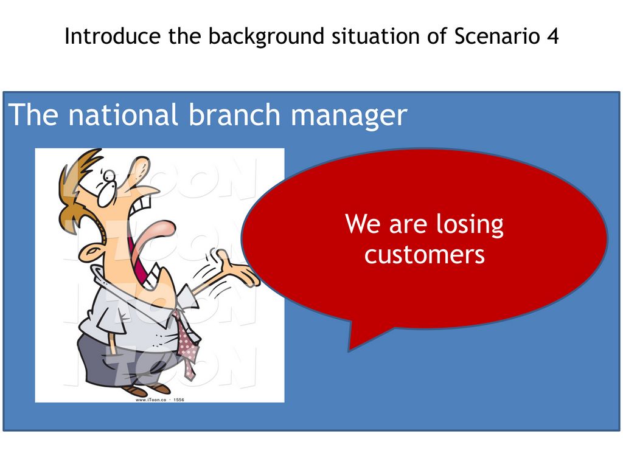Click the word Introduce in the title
tap(113, 36)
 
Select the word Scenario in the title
tap(497, 36)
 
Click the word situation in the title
tap(376, 36)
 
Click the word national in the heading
tap(122, 115)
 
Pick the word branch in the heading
tap(234, 115)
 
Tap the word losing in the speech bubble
tap(470, 225)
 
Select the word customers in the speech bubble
tap(424, 255)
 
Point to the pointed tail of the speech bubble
tap(349, 350)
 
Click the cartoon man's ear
tap(89, 252)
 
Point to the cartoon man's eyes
tap(106, 187)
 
